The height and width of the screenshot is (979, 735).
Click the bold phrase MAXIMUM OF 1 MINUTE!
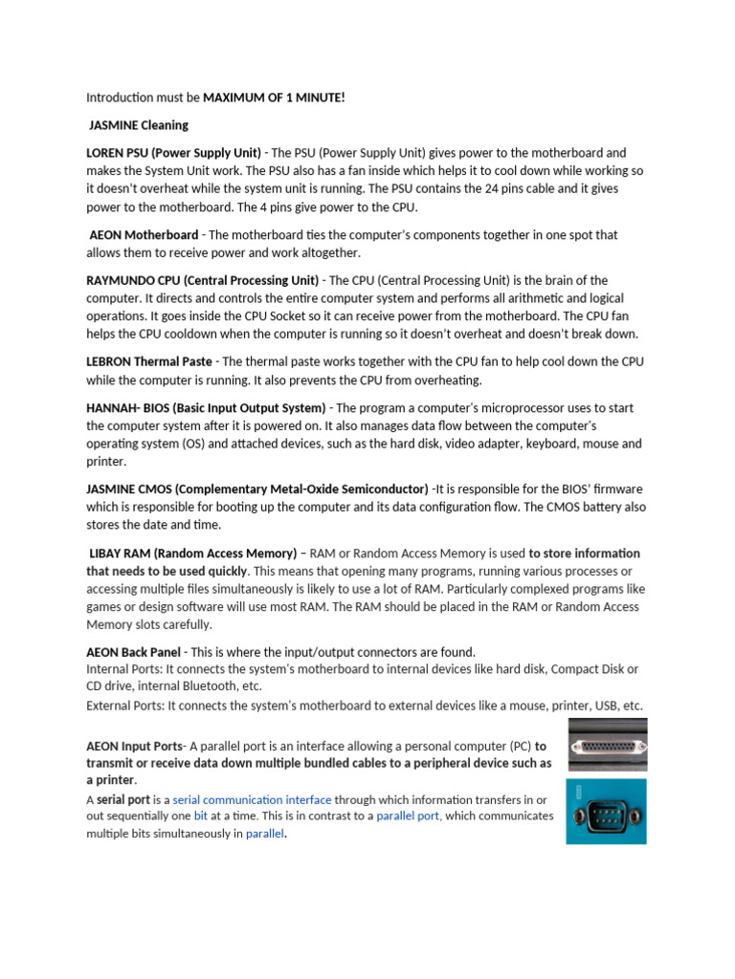274,98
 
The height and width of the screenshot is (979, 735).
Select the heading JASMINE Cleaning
139,125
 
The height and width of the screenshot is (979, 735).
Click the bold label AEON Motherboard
144,234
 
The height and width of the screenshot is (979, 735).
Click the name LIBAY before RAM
107,554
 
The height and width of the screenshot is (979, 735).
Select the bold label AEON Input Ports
134,746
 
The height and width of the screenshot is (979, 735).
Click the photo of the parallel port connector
607,745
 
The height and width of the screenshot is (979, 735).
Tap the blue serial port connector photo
606,811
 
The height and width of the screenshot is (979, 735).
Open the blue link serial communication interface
252,799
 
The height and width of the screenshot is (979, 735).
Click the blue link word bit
201,816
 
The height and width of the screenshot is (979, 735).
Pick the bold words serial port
123,799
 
